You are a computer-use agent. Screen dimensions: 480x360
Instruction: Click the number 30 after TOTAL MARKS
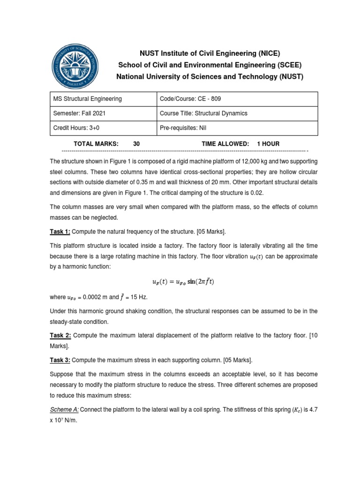tap(136, 144)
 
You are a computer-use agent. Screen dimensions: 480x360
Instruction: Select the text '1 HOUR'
tap(268, 144)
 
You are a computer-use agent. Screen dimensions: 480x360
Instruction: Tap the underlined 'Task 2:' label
tap(60, 335)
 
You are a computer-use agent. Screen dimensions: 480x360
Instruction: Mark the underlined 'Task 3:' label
tap(60, 360)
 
